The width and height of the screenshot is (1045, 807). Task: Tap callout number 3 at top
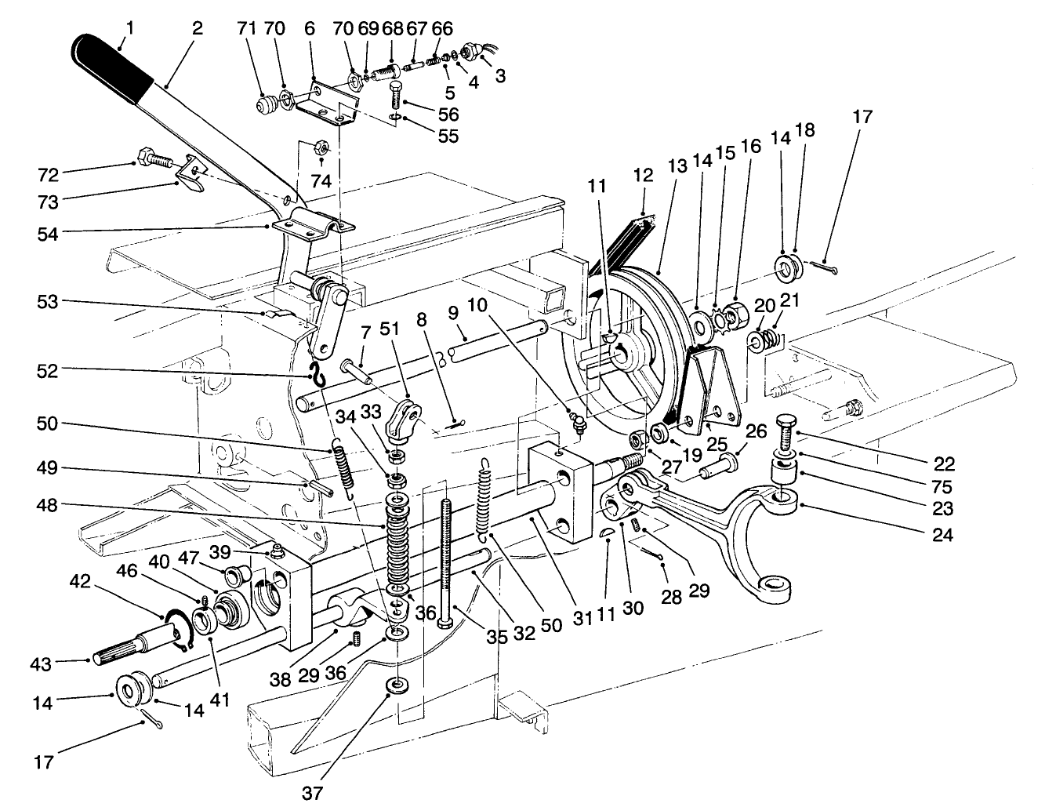click(499, 77)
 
